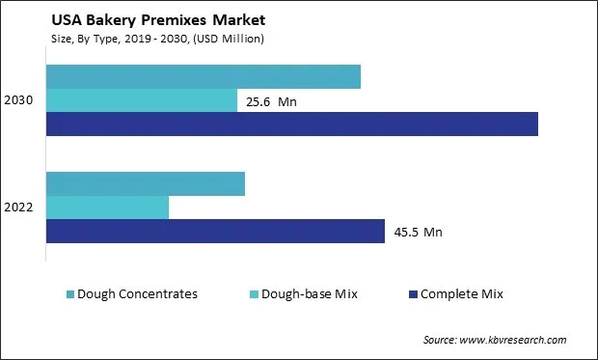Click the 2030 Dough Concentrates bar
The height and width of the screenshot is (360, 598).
204,76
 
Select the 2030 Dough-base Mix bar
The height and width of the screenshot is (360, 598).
142,100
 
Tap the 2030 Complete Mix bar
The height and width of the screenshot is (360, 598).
292,124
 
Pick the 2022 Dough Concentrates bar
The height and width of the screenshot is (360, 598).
146,183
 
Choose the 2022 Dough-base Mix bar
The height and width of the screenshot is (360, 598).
108,208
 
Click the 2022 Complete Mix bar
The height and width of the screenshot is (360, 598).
216,232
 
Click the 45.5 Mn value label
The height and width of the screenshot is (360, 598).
419,232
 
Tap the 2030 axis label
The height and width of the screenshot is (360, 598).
19,100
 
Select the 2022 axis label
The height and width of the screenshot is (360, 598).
19,208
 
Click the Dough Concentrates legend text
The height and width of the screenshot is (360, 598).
137,293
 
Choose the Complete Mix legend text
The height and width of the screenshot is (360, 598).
462,293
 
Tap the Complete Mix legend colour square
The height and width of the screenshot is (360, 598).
413,294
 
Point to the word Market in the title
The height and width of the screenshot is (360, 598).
213,19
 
